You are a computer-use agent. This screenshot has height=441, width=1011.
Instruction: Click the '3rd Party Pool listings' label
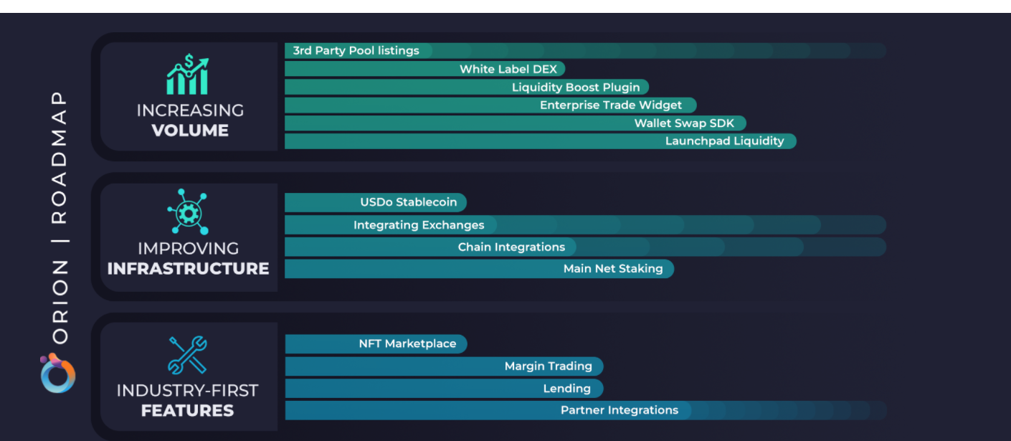tap(356, 51)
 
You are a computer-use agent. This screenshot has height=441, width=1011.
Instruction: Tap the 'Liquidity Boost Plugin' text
tap(576, 87)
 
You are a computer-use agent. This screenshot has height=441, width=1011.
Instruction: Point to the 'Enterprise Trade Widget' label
tap(611, 105)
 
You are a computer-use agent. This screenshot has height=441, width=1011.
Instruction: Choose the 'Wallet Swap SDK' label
tap(684, 123)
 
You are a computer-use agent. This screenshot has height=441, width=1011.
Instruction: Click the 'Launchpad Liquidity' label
tap(724, 141)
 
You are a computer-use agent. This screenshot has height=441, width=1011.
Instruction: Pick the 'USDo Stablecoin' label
tap(409, 202)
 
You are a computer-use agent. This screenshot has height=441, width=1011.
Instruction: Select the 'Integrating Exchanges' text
tap(419, 225)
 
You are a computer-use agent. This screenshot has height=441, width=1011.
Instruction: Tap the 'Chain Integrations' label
tap(511, 247)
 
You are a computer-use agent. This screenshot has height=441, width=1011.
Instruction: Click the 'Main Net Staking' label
tap(613, 269)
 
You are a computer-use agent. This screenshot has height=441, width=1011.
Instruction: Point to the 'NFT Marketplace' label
tap(407, 344)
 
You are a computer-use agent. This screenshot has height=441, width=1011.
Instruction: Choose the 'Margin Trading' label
tap(548, 366)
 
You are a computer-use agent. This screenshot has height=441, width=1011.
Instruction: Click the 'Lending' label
tap(566, 389)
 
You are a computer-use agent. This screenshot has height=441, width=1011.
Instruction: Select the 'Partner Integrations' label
tap(619, 411)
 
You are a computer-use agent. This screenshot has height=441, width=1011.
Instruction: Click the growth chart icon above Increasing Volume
tap(187, 75)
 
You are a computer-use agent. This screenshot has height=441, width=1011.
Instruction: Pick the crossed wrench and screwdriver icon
tap(187, 355)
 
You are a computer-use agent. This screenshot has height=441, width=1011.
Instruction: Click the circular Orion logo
tap(58, 374)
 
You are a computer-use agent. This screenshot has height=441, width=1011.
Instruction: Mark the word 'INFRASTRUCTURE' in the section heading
tap(188, 269)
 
